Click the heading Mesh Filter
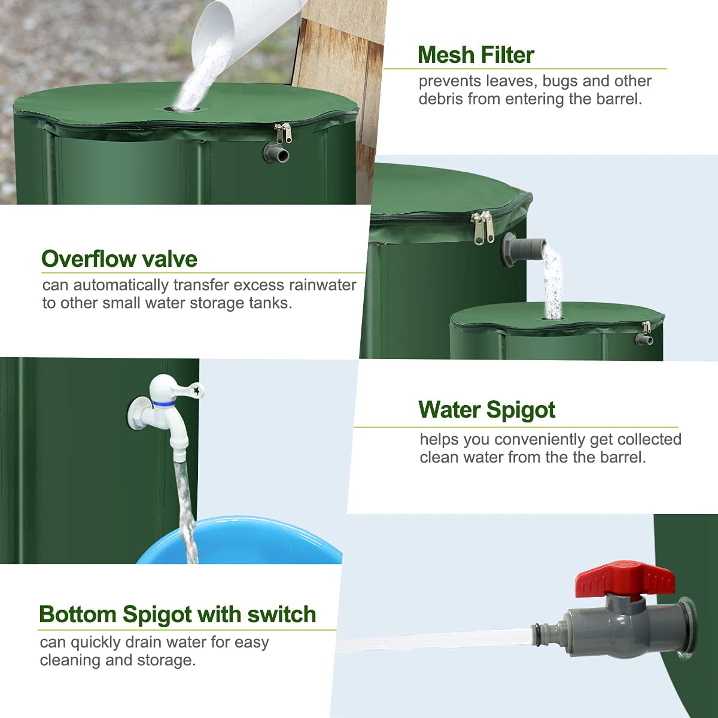pyautogui.click(x=476, y=55)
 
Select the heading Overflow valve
pyautogui.click(x=119, y=259)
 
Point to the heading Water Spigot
pyautogui.click(x=487, y=410)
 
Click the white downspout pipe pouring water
pyautogui.click(x=239, y=30)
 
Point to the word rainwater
pyautogui.click(x=323, y=285)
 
